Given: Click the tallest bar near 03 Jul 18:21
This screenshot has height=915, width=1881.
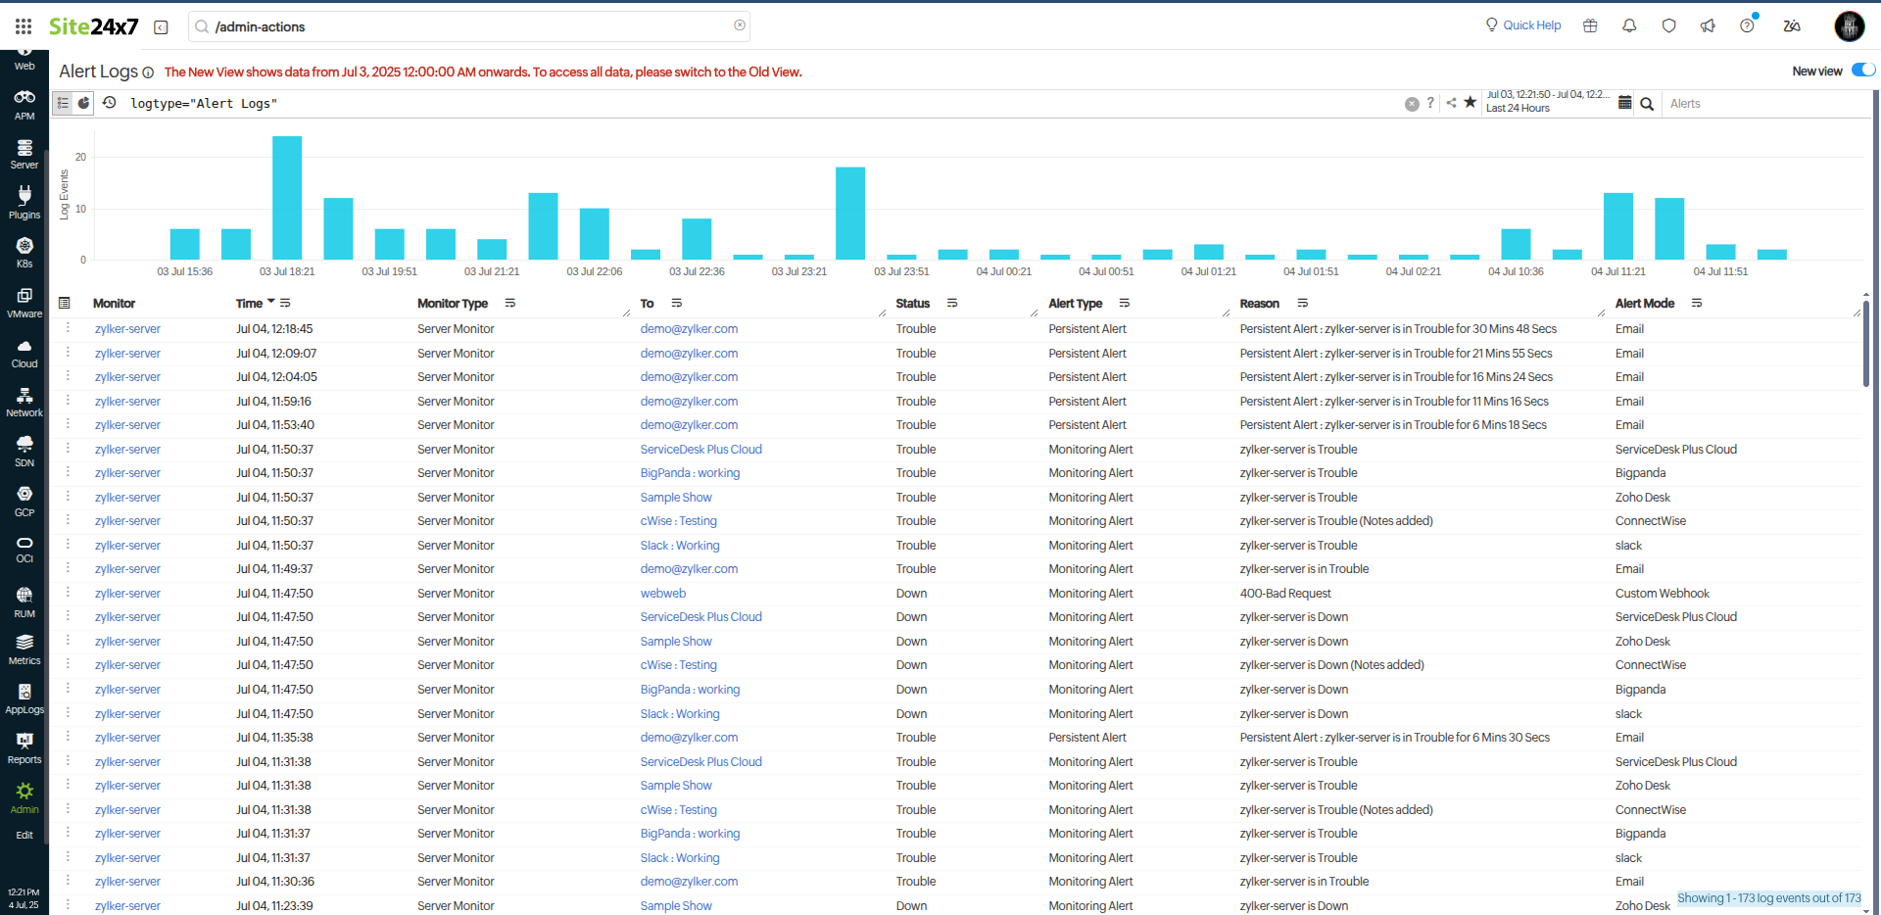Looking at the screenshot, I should [287, 197].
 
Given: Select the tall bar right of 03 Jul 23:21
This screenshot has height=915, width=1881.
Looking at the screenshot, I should [850, 213].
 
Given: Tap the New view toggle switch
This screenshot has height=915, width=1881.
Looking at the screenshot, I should [1862, 71].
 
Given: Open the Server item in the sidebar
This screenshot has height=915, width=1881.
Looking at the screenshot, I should [24, 154].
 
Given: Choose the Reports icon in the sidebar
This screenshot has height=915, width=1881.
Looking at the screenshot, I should [24, 746].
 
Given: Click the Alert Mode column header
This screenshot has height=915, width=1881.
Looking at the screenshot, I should [1644, 304].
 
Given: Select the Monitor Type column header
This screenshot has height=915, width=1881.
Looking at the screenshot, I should [453, 304].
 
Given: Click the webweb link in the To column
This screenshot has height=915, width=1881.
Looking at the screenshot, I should [663, 594].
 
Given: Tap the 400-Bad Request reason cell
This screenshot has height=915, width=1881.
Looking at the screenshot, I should [1285, 594].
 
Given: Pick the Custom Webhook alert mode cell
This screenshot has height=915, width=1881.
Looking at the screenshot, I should [1662, 594].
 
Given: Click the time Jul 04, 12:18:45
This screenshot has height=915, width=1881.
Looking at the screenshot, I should [274, 329].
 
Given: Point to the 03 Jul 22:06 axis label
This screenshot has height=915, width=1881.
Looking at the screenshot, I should [595, 271].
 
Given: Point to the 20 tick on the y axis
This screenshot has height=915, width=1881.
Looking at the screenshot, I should [80, 157].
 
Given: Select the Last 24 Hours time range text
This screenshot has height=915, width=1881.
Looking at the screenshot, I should [1518, 109].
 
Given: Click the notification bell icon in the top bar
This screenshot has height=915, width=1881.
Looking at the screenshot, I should [1629, 26].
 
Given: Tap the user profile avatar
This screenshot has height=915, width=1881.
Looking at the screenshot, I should [1849, 26].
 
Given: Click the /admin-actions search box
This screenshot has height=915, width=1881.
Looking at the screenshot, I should [470, 26].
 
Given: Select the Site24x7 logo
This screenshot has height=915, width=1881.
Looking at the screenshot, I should [94, 26].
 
